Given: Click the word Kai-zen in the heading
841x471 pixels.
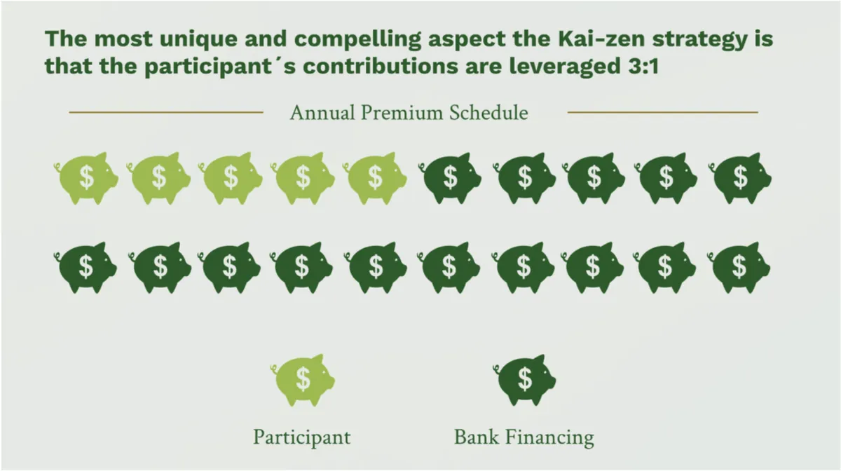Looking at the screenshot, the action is point(601,39).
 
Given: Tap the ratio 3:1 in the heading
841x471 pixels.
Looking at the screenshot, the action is point(643,67).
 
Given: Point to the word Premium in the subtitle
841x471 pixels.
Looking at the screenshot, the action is point(402,113).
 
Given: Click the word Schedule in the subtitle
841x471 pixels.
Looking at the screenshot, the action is point(488,113).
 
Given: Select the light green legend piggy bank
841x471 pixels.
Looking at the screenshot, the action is point(303,380).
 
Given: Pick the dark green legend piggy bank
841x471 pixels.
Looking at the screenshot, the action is point(524,380).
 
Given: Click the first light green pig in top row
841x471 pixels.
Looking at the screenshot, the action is point(86,178).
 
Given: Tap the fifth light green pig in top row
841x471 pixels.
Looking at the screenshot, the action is point(375,178).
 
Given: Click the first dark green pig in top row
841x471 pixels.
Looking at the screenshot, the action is point(450,178).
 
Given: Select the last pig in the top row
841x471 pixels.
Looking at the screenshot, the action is point(739,178).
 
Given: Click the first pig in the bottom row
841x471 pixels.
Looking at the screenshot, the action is point(86,268).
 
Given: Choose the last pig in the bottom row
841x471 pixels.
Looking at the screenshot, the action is point(739,268).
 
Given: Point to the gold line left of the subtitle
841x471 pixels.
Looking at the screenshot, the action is point(166,112).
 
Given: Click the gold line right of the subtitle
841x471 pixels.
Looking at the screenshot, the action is point(663,112).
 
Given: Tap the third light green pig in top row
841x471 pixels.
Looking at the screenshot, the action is point(231,178).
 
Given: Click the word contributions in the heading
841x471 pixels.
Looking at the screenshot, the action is point(381,67).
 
